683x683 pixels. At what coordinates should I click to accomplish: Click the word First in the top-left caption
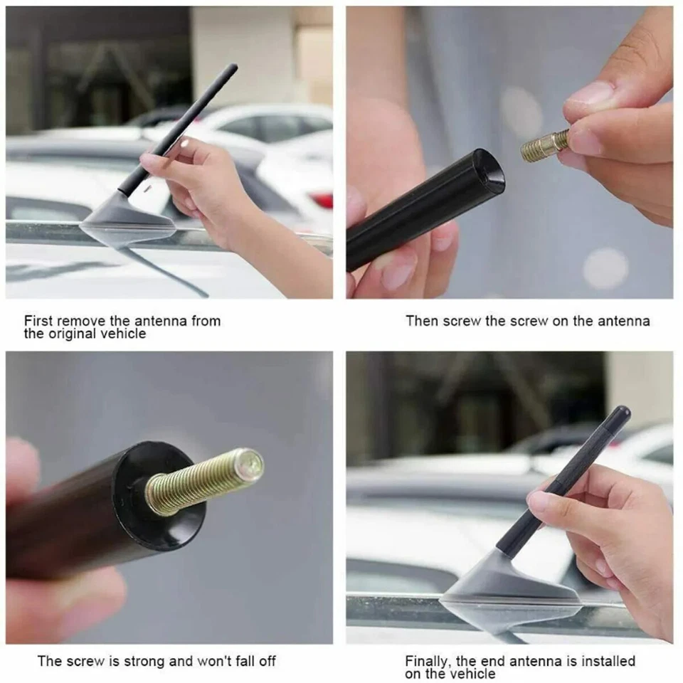click(x=39, y=321)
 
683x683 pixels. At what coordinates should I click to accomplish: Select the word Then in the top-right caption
click(x=422, y=321)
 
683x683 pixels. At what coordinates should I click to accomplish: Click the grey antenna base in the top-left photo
click(x=128, y=218)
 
